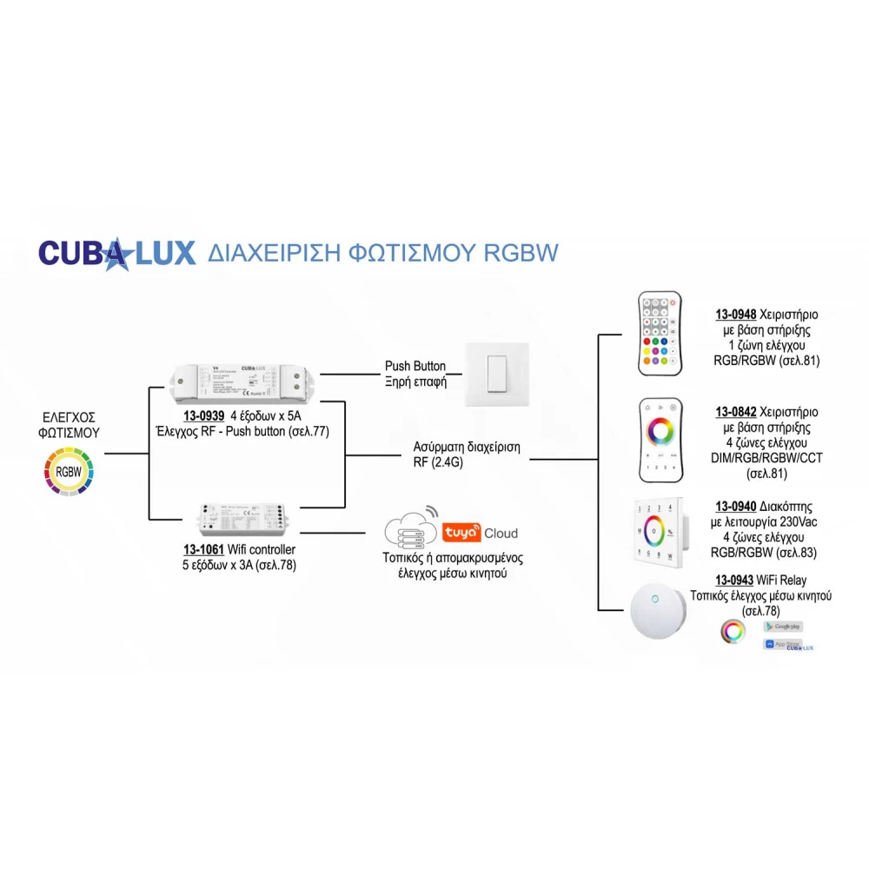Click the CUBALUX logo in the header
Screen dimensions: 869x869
[116, 253]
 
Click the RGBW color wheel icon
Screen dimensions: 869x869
[70, 473]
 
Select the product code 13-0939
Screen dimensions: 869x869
[206, 415]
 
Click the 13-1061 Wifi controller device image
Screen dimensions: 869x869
[242, 520]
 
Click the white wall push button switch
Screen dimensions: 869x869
[497, 375]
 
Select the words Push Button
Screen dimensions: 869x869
[415, 366]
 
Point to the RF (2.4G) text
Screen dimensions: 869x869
[443, 462]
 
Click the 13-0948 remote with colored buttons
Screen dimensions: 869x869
[660, 335]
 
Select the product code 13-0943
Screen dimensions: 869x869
[733, 580]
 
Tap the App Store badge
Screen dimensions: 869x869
[779, 644]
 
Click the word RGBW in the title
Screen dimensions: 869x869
[521, 253]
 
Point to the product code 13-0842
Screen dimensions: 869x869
[735, 412]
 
